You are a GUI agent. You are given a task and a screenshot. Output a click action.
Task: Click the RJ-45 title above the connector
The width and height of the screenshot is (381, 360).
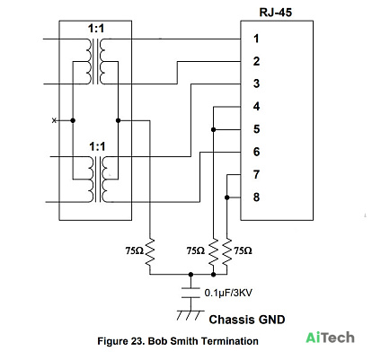275,13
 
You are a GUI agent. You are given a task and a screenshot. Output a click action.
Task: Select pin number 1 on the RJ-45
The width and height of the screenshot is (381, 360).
256,39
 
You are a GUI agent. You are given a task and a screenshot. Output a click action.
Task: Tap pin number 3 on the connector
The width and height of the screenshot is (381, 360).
256,83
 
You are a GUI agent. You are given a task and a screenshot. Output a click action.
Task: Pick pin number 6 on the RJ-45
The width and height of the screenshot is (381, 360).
256,152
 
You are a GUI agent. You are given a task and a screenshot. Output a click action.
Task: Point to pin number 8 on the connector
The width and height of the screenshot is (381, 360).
256,198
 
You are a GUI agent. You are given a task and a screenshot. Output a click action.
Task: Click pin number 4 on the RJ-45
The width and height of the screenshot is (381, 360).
256,106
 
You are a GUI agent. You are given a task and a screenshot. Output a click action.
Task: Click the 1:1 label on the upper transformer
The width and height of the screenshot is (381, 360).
96,29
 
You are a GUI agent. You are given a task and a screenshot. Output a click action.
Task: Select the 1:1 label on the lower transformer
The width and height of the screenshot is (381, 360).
97,146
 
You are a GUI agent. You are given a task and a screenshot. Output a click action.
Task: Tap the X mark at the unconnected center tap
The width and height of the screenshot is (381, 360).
54,120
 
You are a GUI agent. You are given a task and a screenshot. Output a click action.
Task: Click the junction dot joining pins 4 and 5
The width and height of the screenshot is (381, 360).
213,129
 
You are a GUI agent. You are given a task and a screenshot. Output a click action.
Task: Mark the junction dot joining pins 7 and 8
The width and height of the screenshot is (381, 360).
227,198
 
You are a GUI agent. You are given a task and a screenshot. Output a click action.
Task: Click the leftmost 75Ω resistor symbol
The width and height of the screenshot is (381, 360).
150,252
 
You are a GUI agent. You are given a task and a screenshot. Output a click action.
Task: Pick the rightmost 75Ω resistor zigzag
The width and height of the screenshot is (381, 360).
227,252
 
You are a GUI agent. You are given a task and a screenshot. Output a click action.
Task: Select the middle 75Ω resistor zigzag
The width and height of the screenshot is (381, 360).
213,252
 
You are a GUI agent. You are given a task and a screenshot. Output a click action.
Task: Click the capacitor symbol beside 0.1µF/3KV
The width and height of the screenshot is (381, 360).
190,293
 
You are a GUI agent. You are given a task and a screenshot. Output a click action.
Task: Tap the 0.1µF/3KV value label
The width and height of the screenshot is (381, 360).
228,293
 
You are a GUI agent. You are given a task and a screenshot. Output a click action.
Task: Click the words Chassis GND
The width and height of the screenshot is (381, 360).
247,320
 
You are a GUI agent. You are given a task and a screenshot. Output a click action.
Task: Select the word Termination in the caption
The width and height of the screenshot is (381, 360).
230,341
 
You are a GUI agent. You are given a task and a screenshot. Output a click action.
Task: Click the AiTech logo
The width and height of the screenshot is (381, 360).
330,338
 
